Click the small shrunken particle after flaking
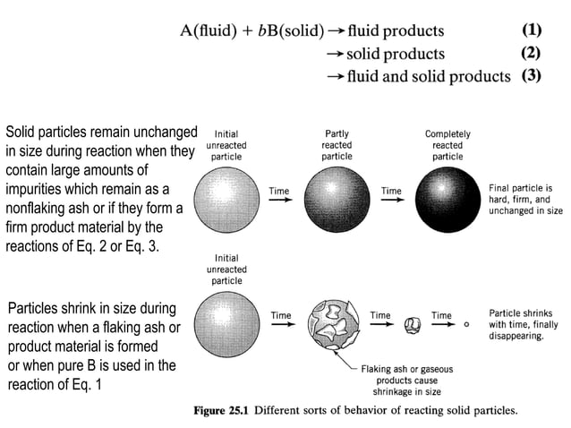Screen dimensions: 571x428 [413, 323]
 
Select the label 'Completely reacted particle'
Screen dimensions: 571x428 [447, 144]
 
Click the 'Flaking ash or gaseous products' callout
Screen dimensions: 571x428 [405, 379]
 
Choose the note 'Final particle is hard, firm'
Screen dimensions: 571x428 [525, 200]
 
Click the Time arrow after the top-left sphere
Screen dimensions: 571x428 [281, 198]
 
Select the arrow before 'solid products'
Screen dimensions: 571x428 [336, 53]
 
